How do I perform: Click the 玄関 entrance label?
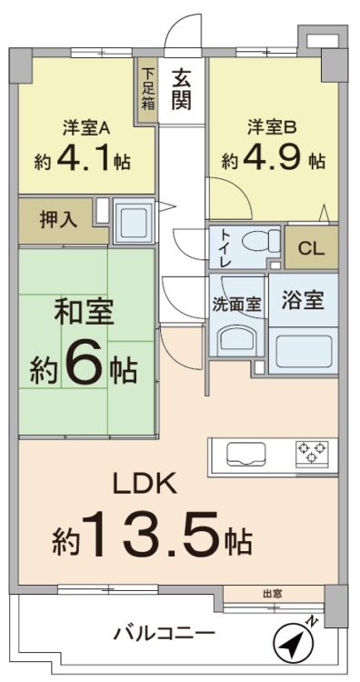(x=182, y=89)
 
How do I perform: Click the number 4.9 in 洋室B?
(x=273, y=160)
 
